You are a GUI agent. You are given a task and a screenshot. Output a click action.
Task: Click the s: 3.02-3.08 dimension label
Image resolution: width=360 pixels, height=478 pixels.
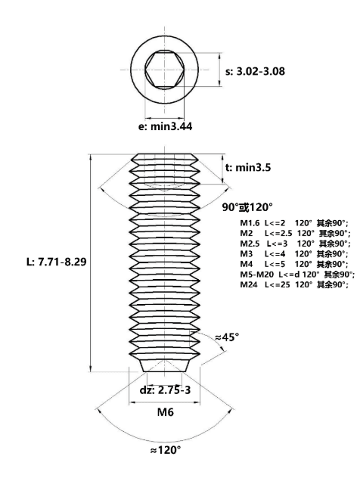(255, 71)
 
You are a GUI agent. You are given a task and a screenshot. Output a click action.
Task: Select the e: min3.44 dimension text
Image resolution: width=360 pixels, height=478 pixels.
(165, 126)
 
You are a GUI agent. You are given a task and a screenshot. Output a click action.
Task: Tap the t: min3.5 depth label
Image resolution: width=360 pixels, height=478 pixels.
(248, 167)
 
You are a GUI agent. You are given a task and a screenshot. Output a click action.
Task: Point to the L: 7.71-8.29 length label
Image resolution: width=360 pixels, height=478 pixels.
(57, 262)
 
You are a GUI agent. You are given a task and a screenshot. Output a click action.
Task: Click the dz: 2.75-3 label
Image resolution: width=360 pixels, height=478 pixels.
(165, 390)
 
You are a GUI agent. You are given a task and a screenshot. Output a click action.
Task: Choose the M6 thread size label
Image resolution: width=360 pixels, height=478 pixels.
(165, 412)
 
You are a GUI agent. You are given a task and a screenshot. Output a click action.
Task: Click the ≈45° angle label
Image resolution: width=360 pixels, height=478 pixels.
(227, 337)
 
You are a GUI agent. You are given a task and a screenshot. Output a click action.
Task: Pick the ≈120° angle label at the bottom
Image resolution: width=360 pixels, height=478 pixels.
(165, 450)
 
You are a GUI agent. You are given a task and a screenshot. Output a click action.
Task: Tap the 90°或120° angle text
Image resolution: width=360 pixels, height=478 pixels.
(247, 207)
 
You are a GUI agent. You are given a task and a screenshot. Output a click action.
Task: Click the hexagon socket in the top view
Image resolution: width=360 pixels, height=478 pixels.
(165, 70)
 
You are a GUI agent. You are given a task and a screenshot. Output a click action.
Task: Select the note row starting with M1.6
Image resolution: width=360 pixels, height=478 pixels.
(294, 223)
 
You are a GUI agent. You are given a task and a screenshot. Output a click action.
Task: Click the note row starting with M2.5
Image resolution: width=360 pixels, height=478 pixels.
(295, 244)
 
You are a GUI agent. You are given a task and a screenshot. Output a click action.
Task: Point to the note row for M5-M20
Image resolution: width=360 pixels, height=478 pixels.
(297, 275)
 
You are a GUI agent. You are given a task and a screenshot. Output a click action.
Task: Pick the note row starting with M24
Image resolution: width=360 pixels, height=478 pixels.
(294, 284)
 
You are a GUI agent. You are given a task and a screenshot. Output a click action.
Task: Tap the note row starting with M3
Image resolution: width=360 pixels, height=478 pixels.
(294, 253)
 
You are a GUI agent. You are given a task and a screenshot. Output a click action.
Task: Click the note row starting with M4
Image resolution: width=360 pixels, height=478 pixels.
(294, 264)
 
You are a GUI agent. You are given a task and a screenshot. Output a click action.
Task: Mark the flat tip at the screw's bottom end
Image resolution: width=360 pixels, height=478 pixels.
(165, 371)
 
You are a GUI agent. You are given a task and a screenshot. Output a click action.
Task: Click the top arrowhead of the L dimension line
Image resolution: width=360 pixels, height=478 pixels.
(90, 157)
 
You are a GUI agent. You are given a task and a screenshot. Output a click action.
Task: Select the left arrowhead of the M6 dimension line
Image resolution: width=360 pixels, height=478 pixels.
(132, 403)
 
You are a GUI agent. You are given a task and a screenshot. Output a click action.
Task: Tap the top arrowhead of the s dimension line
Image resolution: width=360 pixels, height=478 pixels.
(220, 55)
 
